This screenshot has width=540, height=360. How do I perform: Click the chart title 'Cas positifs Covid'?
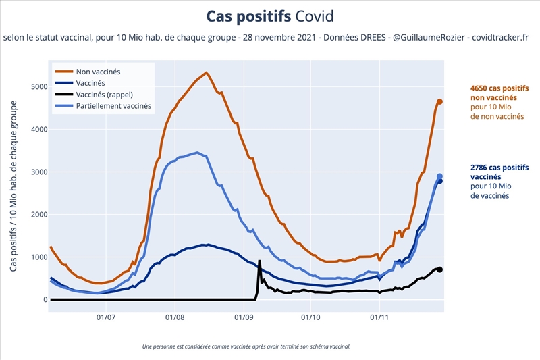[270, 16]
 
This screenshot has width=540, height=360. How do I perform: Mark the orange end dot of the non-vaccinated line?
[439, 102]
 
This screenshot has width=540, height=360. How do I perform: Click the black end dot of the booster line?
[439, 269]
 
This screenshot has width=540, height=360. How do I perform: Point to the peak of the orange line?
[206, 72]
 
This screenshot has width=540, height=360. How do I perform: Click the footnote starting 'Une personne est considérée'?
[246, 346]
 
